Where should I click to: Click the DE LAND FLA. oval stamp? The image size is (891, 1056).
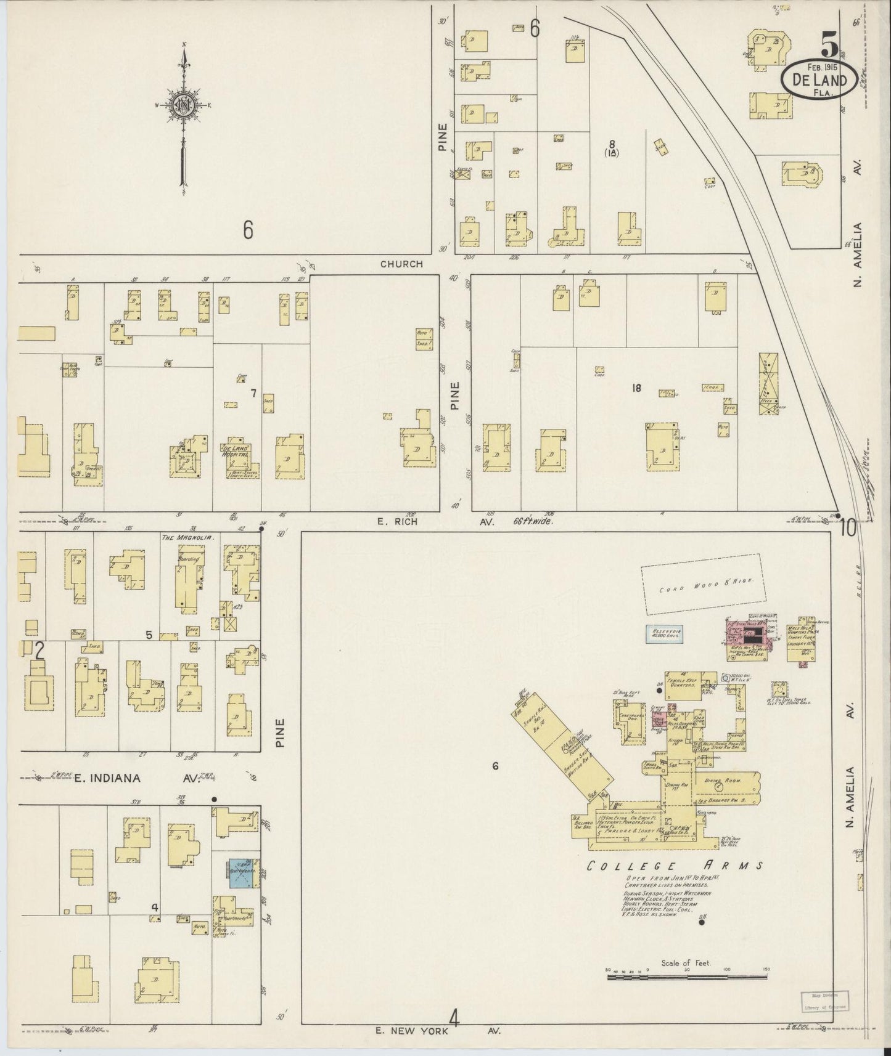coord(818,81)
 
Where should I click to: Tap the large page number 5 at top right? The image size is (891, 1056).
coord(829,45)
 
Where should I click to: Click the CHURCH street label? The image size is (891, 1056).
coord(401,264)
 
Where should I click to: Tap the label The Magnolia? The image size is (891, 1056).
coord(187,537)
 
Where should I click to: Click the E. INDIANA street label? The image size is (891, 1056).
coord(107,778)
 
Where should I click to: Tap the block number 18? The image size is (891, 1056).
coord(636,388)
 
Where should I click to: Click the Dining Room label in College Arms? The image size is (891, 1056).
coord(733,781)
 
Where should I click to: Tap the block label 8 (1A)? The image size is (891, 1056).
coord(611,149)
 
